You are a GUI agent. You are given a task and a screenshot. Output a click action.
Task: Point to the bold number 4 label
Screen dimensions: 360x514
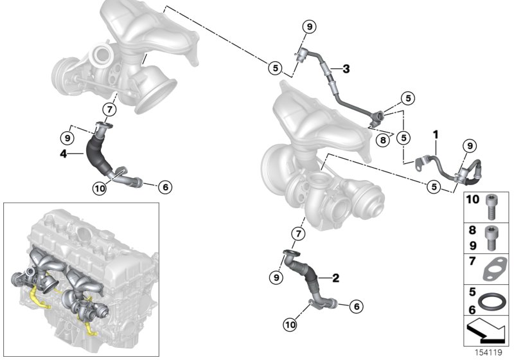63,154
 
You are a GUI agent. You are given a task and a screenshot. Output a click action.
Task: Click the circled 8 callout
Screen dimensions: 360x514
382,139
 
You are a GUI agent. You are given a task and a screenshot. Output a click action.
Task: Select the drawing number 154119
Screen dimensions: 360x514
490,353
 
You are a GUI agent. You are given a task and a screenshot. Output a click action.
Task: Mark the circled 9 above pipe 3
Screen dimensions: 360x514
309,27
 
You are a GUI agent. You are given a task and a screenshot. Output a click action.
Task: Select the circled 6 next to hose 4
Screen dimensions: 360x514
164,187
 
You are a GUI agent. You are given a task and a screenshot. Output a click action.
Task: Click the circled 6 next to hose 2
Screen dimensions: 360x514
356,307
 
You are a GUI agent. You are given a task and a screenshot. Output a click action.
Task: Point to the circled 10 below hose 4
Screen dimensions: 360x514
99,188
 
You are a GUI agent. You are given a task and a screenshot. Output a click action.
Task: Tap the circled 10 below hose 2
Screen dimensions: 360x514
291,325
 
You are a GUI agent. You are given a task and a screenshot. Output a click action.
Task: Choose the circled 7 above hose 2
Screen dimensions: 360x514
298,233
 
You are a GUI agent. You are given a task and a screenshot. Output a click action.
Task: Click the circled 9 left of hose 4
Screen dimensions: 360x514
67,136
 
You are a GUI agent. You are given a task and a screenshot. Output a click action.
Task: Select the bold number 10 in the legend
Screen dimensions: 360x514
472,201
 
